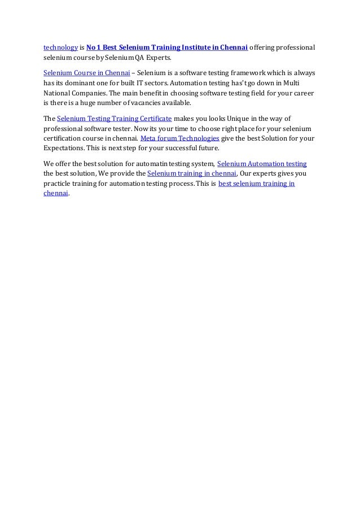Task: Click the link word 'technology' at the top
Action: (x=60, y=46)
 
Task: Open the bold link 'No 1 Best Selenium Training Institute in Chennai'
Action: (x=167, y=46)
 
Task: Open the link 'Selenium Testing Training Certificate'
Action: (x=114, y=119)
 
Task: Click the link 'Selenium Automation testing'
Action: (x=262, y=164)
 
